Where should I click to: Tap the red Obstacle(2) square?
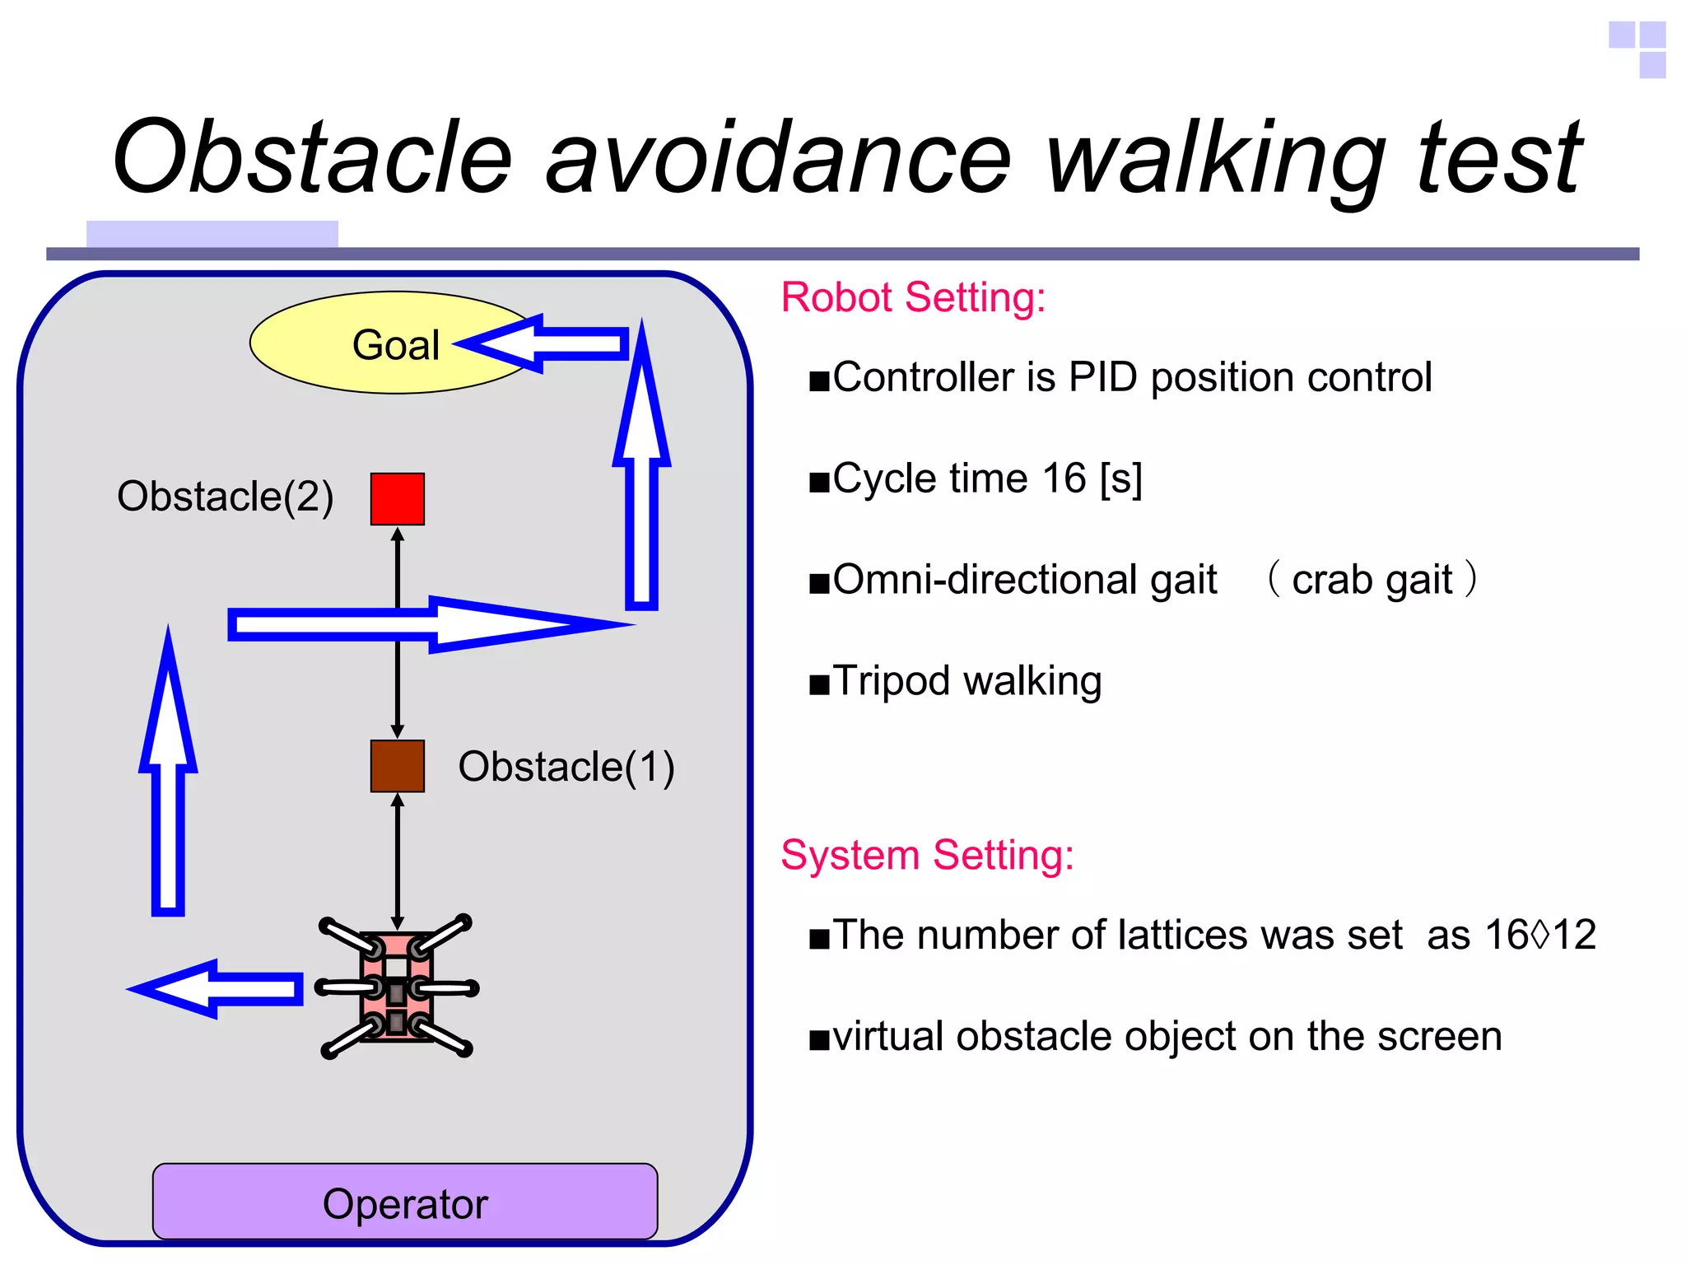397,498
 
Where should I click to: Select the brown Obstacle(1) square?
397,766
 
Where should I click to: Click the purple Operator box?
404,1202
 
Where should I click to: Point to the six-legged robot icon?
397,987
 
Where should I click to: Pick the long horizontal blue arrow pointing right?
428,625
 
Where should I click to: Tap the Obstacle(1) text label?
566,767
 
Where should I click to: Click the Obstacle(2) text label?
225,497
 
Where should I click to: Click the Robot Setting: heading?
912,297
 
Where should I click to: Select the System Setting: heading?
927,855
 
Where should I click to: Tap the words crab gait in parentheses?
1372,580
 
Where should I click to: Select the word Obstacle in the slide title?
313,158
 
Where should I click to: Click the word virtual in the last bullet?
887,1036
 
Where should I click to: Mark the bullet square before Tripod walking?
819,684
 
